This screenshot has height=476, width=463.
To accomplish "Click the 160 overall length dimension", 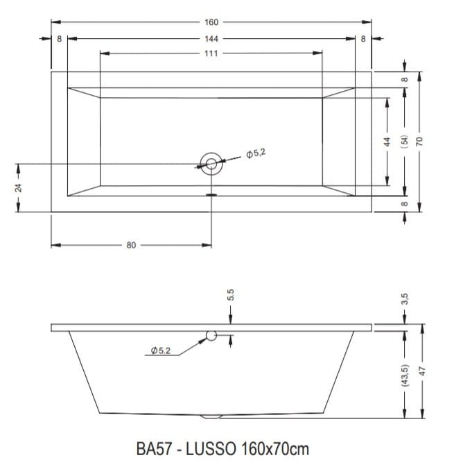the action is [211, 22].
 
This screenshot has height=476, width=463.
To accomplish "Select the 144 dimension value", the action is [211, 39].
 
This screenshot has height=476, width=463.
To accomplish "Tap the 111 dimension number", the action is [211, 53].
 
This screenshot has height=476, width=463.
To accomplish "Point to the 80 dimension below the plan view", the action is [131, 245].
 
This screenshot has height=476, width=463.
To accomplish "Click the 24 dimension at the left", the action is [19, 187].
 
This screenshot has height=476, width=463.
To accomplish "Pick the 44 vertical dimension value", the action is [387, 142].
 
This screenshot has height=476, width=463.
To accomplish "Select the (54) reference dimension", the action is [405, 142].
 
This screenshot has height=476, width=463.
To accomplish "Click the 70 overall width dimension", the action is [419, 141].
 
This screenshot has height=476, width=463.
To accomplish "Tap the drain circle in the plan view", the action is [211, 153].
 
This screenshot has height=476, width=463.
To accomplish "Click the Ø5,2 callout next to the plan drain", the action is [256, 153].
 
